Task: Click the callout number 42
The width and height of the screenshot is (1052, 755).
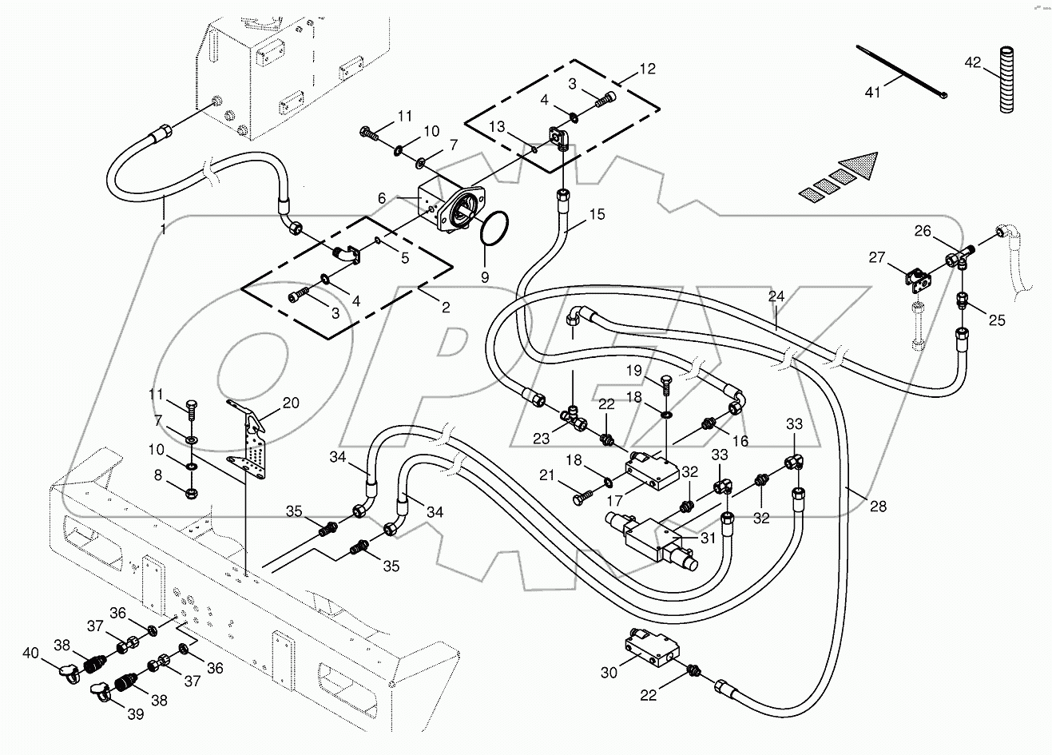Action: [x=971, y=62]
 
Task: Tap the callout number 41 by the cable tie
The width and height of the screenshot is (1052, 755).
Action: [x=872, y=93]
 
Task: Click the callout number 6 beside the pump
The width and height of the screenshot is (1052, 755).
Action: [x=382, y=197]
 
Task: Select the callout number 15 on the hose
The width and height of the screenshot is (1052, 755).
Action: [x=597, y=214]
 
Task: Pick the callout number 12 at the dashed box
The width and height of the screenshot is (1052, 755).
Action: [x=647, y=69]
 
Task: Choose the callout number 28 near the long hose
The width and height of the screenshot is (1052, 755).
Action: [x=878, y=507]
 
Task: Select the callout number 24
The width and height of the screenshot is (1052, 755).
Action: [x=776, y=296]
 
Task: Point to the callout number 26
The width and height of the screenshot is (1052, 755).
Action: [x=923, y=231]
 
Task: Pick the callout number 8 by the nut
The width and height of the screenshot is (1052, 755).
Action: [x=157, y=475]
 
